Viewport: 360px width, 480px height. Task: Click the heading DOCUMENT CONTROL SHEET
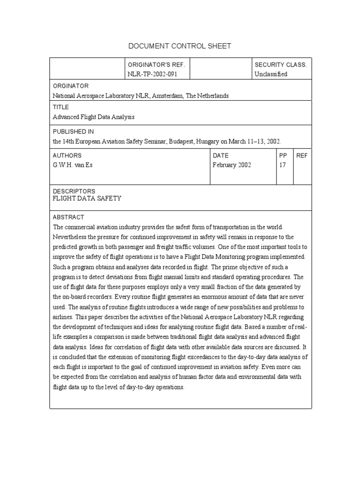click(x=180, y=46)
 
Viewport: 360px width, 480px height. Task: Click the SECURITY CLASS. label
click(x=280, y=65)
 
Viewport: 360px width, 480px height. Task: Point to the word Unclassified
click(x=271, y=74)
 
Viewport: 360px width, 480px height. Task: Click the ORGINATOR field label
click(x=70, y=86)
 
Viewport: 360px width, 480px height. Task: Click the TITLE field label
click(x=60, y=107)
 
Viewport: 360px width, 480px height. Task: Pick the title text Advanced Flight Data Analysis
click(x=93, y=117)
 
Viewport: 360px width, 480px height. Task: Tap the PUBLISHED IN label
click(x=73, y=132)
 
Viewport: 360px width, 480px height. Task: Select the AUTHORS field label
click(x=67, y=156)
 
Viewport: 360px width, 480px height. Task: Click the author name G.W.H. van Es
click(x=73, y=165)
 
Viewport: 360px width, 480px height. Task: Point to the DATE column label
click(x=220, y=156)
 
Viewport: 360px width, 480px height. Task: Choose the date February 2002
click(x=232, y=165)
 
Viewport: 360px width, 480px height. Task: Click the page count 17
click(x=283, y=165)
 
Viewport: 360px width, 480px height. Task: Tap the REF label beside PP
click(x=302, y=156)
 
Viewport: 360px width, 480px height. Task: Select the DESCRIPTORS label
click(x=74, y=191)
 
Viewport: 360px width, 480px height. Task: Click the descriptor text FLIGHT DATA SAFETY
click(x=87, y=198)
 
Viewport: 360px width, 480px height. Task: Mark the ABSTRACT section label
click(x=68, y=217)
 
